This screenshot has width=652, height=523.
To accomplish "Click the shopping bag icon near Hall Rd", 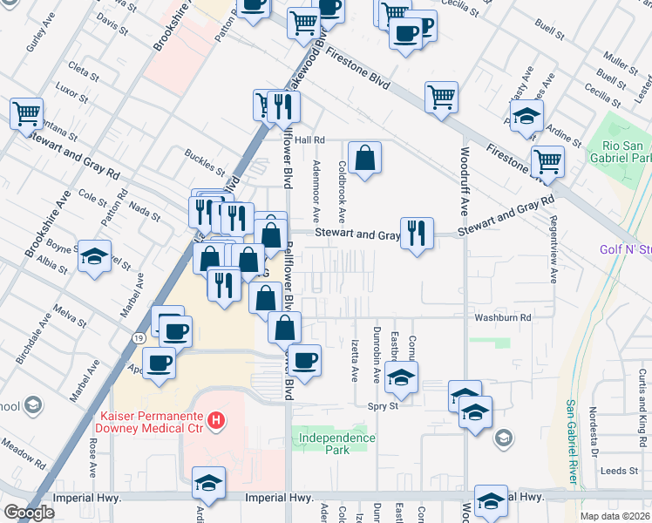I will pos(366,158).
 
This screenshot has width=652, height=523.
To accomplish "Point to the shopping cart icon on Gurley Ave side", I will pos(26,113).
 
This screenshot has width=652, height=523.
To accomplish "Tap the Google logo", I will pos(29,513).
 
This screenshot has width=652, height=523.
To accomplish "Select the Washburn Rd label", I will pos(500,318).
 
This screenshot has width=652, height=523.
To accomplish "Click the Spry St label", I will pos(382,406).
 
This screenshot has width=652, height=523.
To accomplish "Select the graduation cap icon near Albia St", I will pos(95,256).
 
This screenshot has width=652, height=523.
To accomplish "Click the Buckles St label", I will pos(205,160).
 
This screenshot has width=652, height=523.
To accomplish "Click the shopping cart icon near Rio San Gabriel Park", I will pos(547,161).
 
